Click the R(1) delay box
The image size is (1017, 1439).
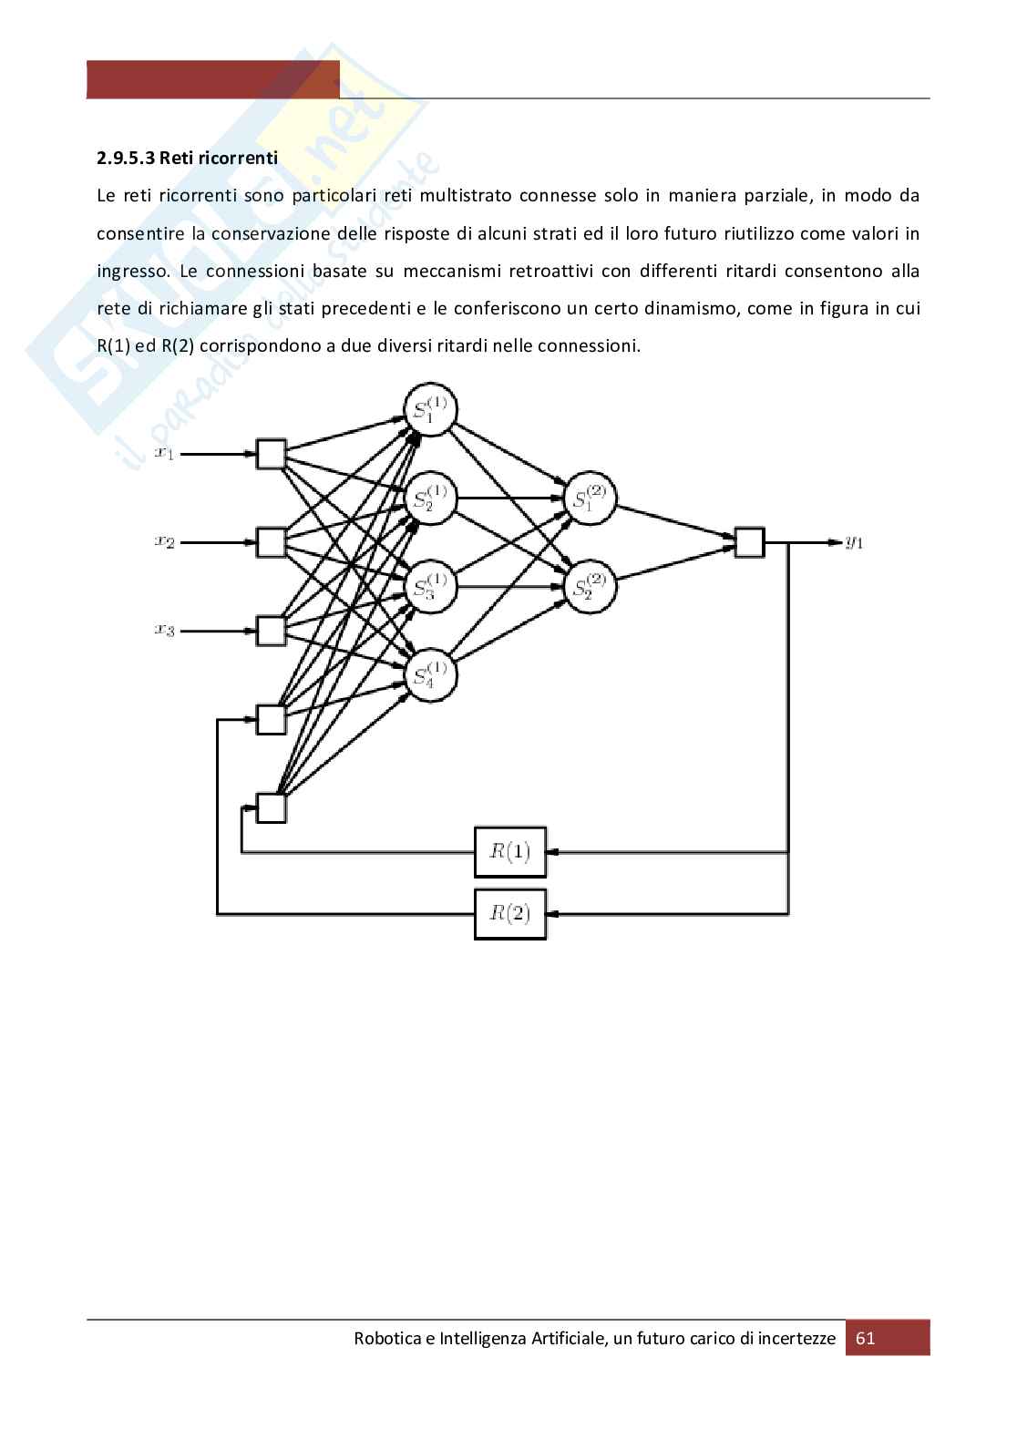[x=509, y=852]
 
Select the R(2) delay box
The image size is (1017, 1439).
[x=509, y=913]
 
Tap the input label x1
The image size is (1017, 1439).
[x=164, y=453]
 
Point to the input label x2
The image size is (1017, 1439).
[x=164, y=541]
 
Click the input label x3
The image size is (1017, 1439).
[x=164, y=629]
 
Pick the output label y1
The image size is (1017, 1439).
[x=854, y=542]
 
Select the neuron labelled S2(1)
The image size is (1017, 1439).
[x=430, y=499]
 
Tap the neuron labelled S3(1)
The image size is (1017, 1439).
[x=430, y=586]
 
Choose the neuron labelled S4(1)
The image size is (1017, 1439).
[x=430, y=674]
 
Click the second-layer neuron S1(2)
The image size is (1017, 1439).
[x=591, y=499]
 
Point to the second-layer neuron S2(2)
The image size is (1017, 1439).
[x=591, y=586]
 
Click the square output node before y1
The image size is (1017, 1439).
[x=749, y=542]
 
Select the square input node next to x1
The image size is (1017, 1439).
[x=272, y=454]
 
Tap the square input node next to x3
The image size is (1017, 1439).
[x=272, y=630]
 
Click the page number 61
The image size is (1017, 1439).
[x=866, y=1338]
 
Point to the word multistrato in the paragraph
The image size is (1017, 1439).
[x=470, y=195]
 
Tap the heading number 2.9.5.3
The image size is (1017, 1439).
[x=126, y=158]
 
